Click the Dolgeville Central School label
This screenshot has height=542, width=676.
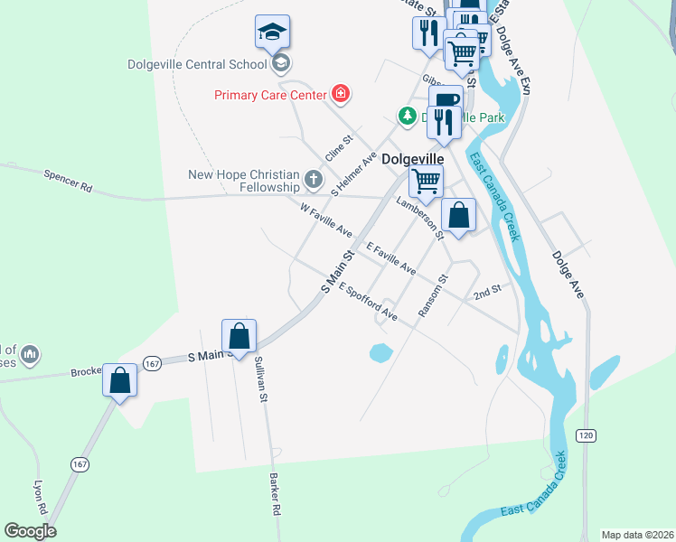pyautogui.click(x=197, y=64)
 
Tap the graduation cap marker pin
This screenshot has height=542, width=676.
pyautogui.click(x=272, y=33)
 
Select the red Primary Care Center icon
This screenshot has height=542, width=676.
pyautogui.click(x=340, y=93)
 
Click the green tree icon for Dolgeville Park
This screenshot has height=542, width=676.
pyautogui.click(x=408, y=116)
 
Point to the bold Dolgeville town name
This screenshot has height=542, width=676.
pyautogui.click(x=413, y=158)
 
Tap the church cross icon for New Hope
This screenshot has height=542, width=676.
pyautogui.click(x=313, y=179)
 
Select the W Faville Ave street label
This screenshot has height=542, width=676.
pyautogui.click(x=326, y=220)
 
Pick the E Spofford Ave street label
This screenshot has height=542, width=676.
pyautogui.click(x=369, y=301)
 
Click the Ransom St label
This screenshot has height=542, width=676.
pyautogui.click(x=433, y=296)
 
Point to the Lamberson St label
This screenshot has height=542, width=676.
pyautogui.click(x=420, y=219)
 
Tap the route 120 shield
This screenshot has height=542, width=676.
pyautogui.click(x=587, y=435)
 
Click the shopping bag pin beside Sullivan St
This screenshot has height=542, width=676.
pyautogui.click(x=239, y=336)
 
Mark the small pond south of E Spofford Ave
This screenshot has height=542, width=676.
pyautogui.click(x=380, y=351)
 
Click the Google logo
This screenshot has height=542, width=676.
pyautogui.click(x=31, y=531)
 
